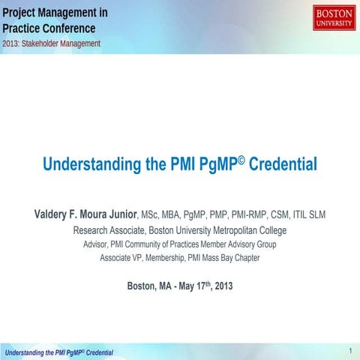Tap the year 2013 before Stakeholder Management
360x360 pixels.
(12, 43)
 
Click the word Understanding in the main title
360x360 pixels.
(88, 163)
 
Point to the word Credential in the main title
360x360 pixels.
(283, 163)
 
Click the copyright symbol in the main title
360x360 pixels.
(241, 160)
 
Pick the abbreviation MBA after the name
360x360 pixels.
(170, 215)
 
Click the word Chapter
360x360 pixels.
(245, 258)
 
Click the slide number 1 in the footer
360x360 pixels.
(350, 350)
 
